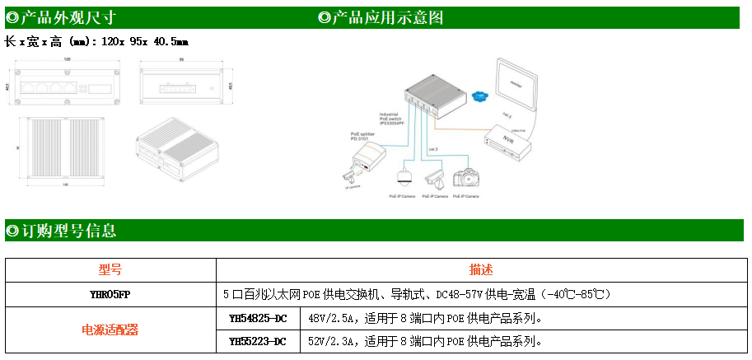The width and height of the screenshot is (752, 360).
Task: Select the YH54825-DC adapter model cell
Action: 258,318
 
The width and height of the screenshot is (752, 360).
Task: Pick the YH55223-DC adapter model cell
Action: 258,341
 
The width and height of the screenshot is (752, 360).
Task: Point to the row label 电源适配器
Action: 110,330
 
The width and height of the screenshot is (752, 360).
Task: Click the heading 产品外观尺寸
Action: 61,17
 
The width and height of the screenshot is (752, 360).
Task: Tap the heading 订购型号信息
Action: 61,231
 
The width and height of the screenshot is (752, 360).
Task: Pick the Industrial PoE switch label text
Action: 390,119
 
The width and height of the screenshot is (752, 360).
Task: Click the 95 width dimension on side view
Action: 180,60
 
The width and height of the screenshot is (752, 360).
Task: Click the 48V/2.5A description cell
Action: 424,318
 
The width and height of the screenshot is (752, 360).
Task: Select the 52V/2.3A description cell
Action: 424,341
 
